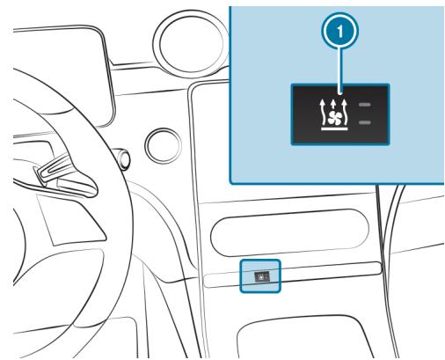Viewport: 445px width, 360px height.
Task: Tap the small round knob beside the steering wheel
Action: point(160,140)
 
